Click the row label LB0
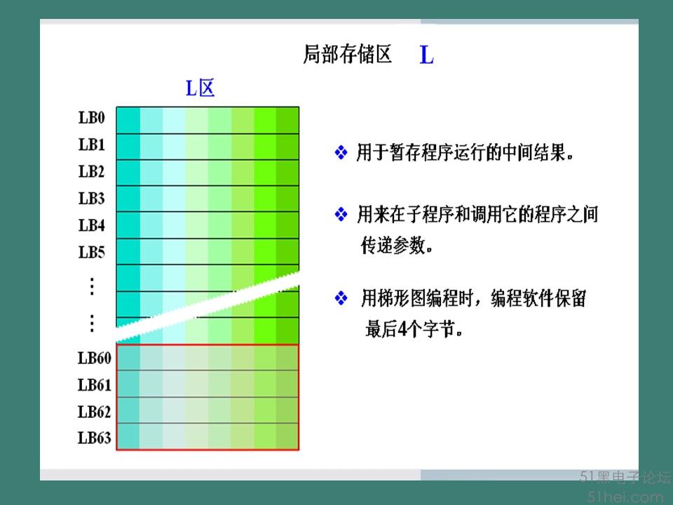tap(91, 117)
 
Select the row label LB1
tap(91, 144)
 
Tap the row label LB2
tap(91, 171)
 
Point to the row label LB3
tap(91, 198)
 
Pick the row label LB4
tap(91, 225)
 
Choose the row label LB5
tap(91, 252)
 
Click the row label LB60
tap(95, 358)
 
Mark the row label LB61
tap(95, 385)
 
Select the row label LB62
tap(95, 412)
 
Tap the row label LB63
tap(95, 438)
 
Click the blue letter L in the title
tap(427, 55)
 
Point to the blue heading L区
tap(200, 88)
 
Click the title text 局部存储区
tap(347, 55)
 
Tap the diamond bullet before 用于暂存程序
tap(341, 152)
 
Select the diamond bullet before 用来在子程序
tap(341, 214)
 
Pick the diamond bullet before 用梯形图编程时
tap(341, 297)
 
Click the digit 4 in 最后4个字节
tap(402, 330)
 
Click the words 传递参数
tap(393, 245)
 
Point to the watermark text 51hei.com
tap(625, 497)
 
